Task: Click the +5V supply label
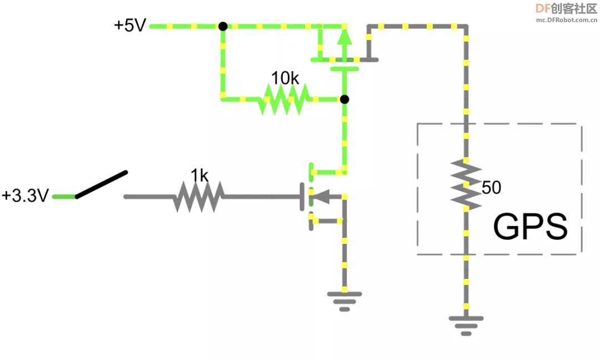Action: (x=130, y=25)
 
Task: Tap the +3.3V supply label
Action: (x=25, y=195)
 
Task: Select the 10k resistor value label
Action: (x=285, y=78)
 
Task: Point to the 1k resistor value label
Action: (x=199, y=176)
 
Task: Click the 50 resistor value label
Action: (x=491, y=187)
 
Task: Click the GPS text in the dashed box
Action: (x=531, y=227)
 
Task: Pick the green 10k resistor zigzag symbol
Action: (x=284, y=99)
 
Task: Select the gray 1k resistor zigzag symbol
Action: (x=198, y=197)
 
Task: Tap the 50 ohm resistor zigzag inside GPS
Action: (x=466, y=185)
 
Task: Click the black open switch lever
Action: (x=102, y=184)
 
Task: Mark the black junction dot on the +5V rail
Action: (x=223, y=27)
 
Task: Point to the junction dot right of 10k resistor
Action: (x=344, y=99)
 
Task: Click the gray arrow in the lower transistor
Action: (x=322, y=197)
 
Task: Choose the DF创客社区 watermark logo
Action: (x=566, y=8)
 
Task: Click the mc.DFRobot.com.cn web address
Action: (x=566, y=20)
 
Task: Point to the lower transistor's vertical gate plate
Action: (x=302, y=197)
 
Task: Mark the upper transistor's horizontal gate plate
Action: (x=344, y=69)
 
